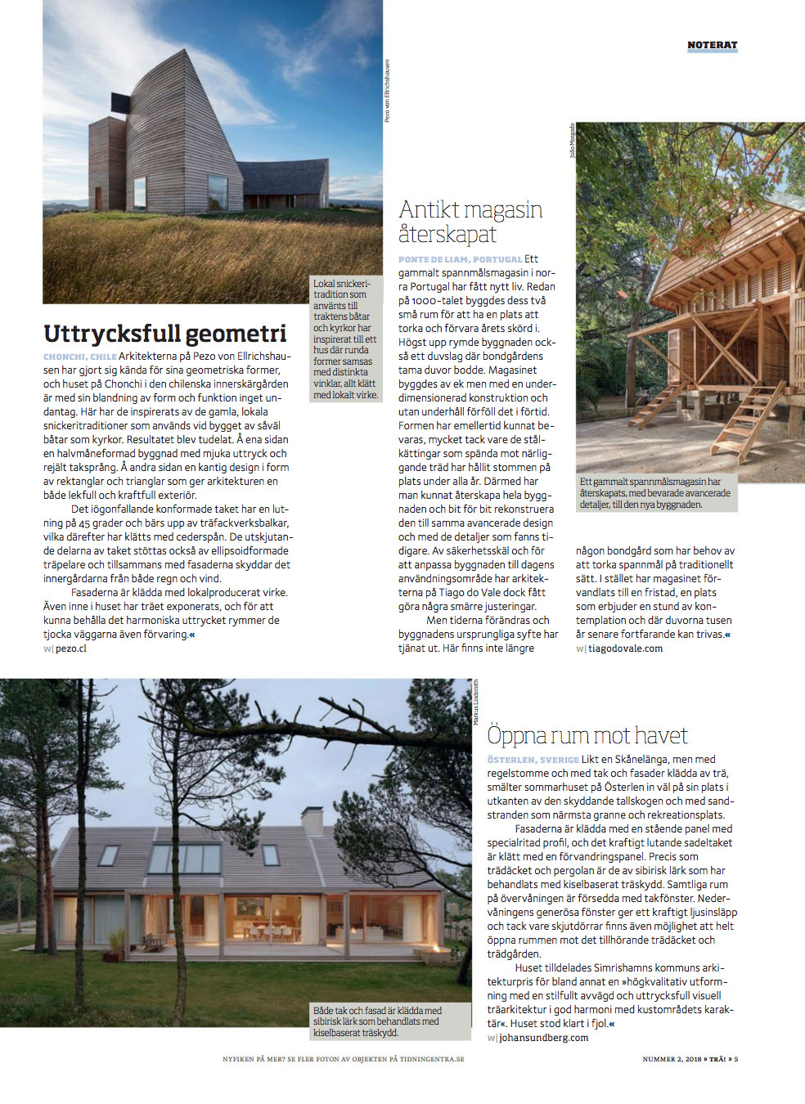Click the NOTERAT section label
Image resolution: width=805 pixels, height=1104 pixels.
tap(712, 45)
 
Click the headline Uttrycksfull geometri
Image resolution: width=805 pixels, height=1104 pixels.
tap(165, 333)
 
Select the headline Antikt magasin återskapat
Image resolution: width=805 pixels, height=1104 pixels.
tap(470, 222)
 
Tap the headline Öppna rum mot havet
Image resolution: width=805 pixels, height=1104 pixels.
tap(587, 735)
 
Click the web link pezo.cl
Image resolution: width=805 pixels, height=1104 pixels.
tap(70, 648)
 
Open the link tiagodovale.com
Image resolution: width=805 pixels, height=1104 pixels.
tap(625, 648)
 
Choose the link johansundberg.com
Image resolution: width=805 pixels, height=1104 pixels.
tap(543, 1038)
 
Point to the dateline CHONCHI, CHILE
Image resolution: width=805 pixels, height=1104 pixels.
tap(79, 357)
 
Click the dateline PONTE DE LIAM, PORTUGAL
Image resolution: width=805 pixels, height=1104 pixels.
tap(460, 259)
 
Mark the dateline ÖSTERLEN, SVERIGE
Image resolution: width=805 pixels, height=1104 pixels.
tap(533, 760)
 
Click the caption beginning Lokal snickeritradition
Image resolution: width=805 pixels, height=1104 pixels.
tap(345, 339)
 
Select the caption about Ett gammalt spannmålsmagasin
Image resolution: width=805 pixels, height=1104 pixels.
tap(654, 493)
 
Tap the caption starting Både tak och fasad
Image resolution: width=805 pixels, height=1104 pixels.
tap(377, 1021)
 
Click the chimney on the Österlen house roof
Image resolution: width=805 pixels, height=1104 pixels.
tap(312, 820)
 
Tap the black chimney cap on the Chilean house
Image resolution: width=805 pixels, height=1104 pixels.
tap(121, 105)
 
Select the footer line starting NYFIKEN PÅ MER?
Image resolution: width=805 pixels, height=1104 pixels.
tap(343, 1059)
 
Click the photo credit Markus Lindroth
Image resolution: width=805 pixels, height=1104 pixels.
tap(476, 701)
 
